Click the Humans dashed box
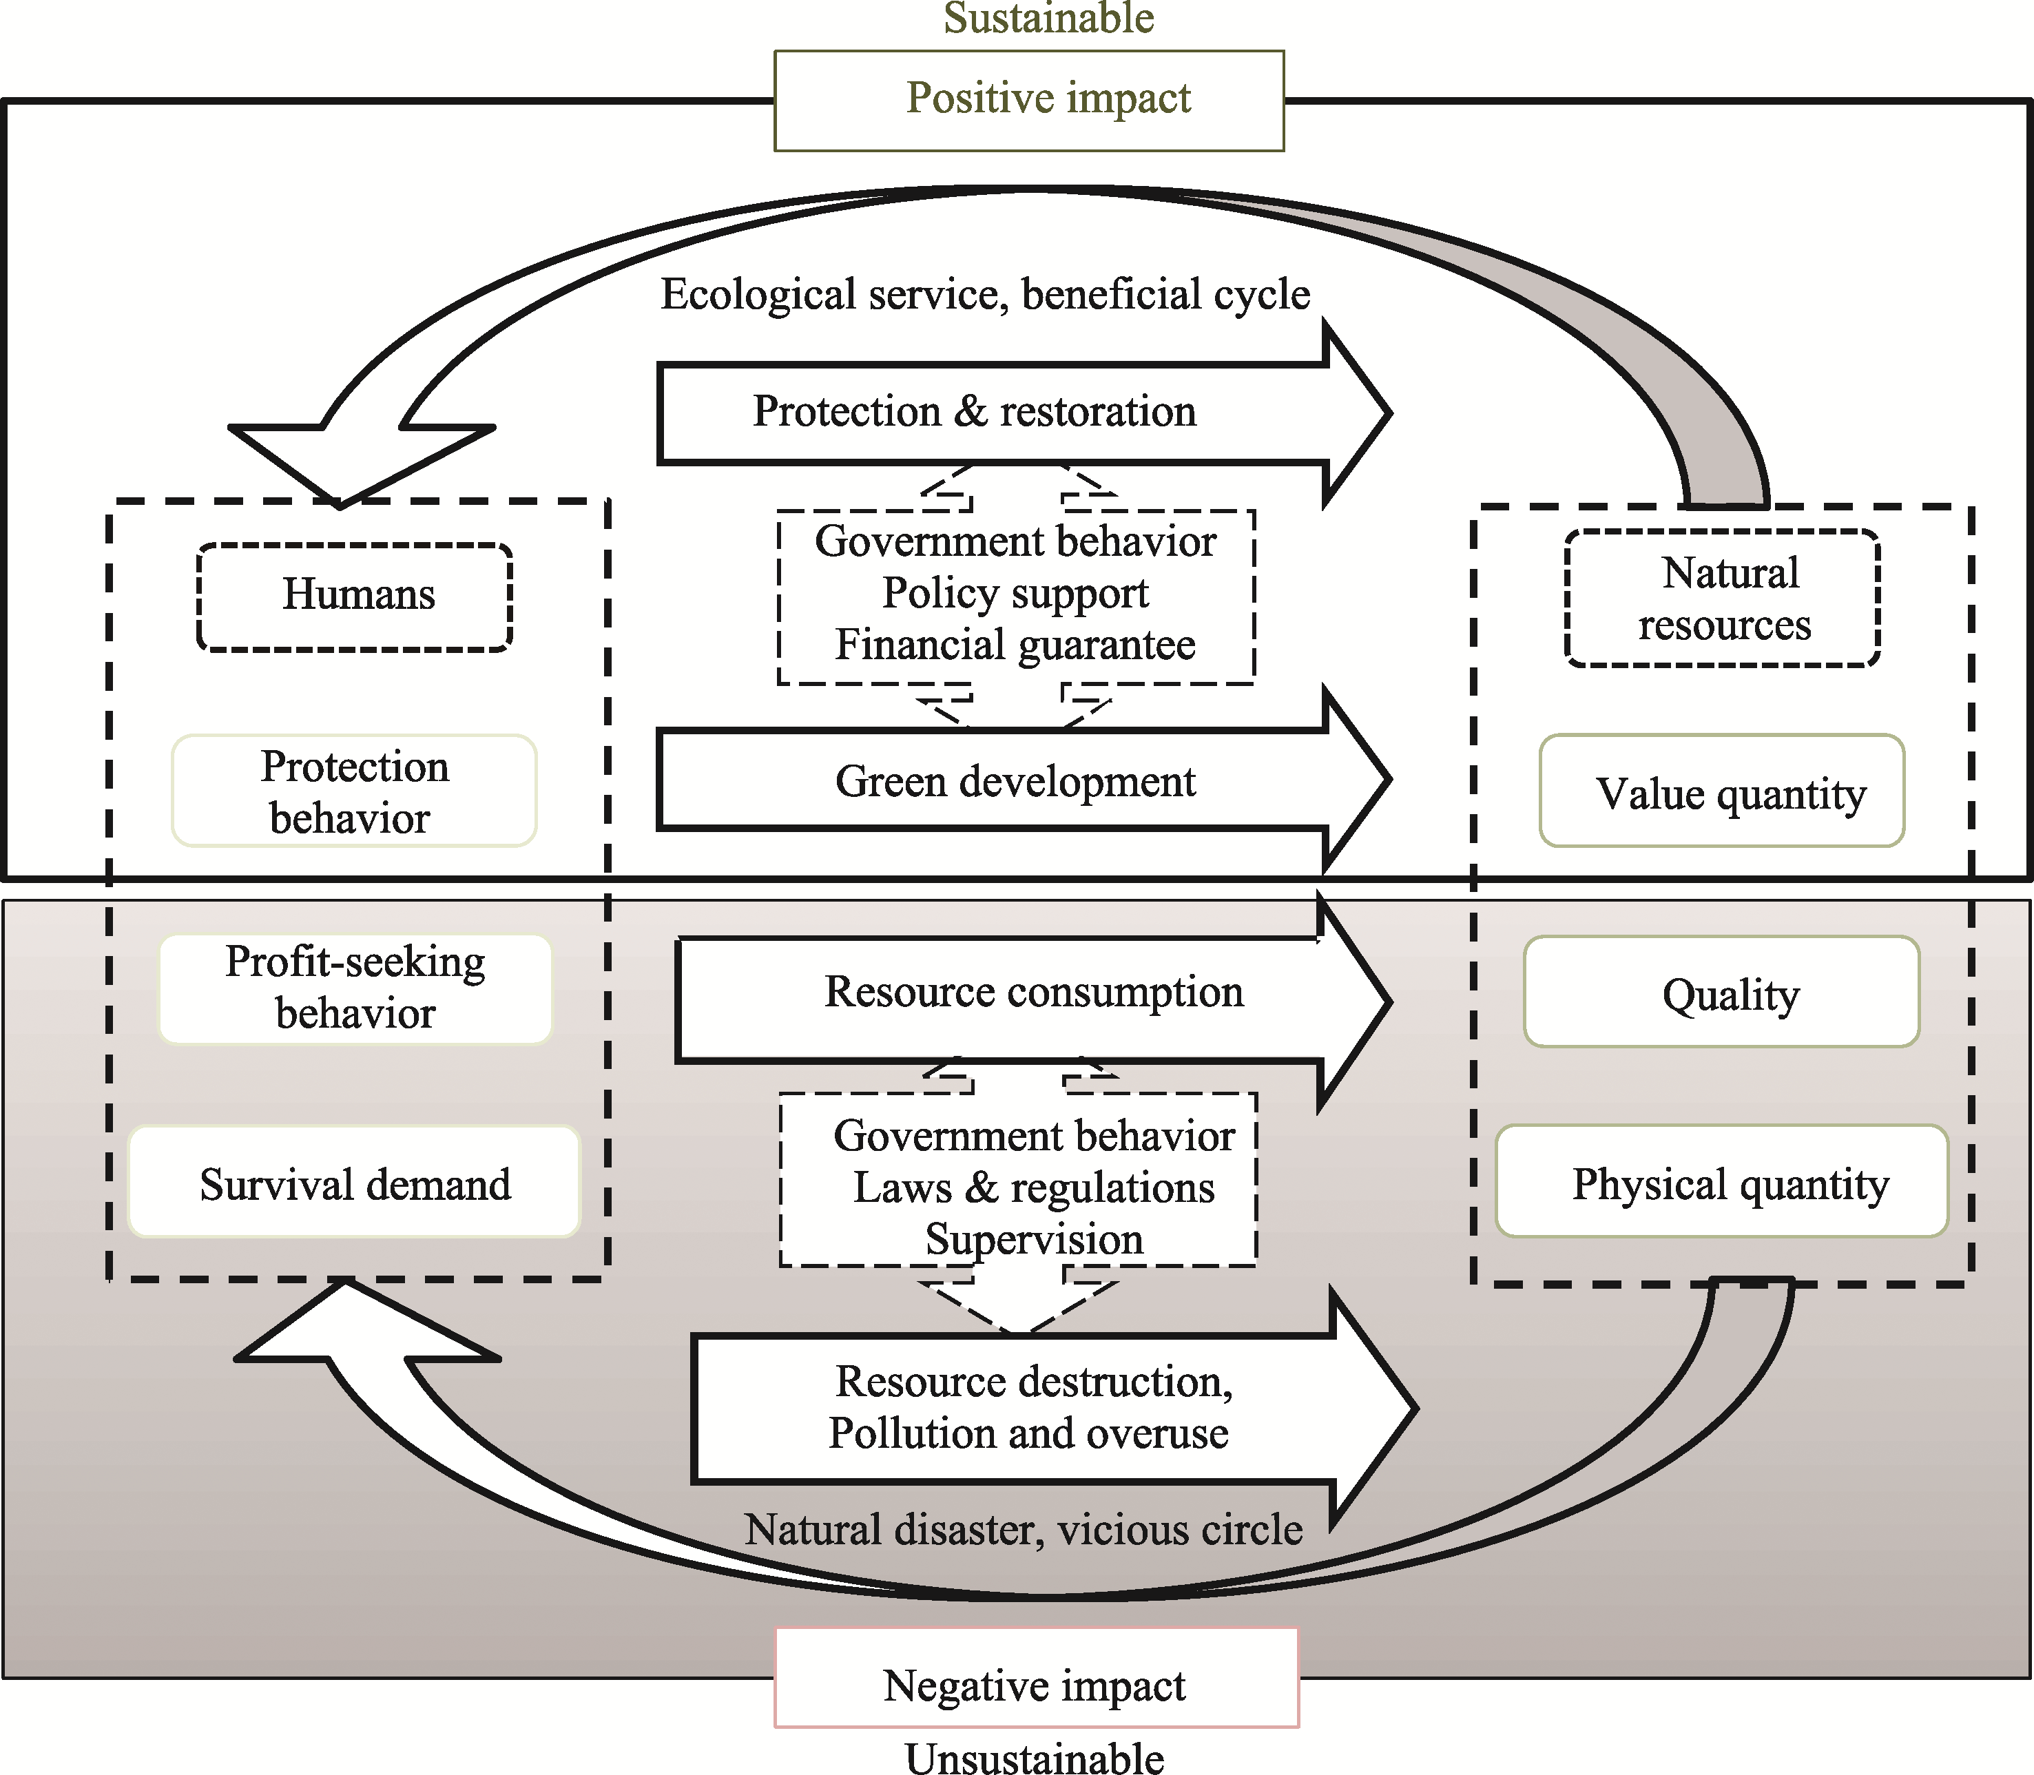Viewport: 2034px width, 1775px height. (x=355, y=597)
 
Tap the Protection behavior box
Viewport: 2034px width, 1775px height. (x=355, y=791)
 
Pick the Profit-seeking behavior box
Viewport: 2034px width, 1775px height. (x=355, y=988)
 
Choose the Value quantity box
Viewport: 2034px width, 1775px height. (x=1722, y=791)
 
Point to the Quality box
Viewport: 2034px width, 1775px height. (x=1722, y=991)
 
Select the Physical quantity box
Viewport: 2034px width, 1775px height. (x=1722, y=1181)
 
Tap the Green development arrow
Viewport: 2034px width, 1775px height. (x=1025, y=780)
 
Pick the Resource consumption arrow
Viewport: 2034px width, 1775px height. (x=1035, y=1000)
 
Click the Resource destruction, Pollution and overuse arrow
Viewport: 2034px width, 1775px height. (x=1055, y=1407)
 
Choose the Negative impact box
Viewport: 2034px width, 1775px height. (x=1036, y=1678)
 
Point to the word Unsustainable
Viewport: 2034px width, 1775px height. (x=1035, y=1756)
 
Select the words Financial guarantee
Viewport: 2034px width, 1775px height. (x=1015, y=645)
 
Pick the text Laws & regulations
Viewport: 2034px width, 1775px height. (x=1034, y=1187)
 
